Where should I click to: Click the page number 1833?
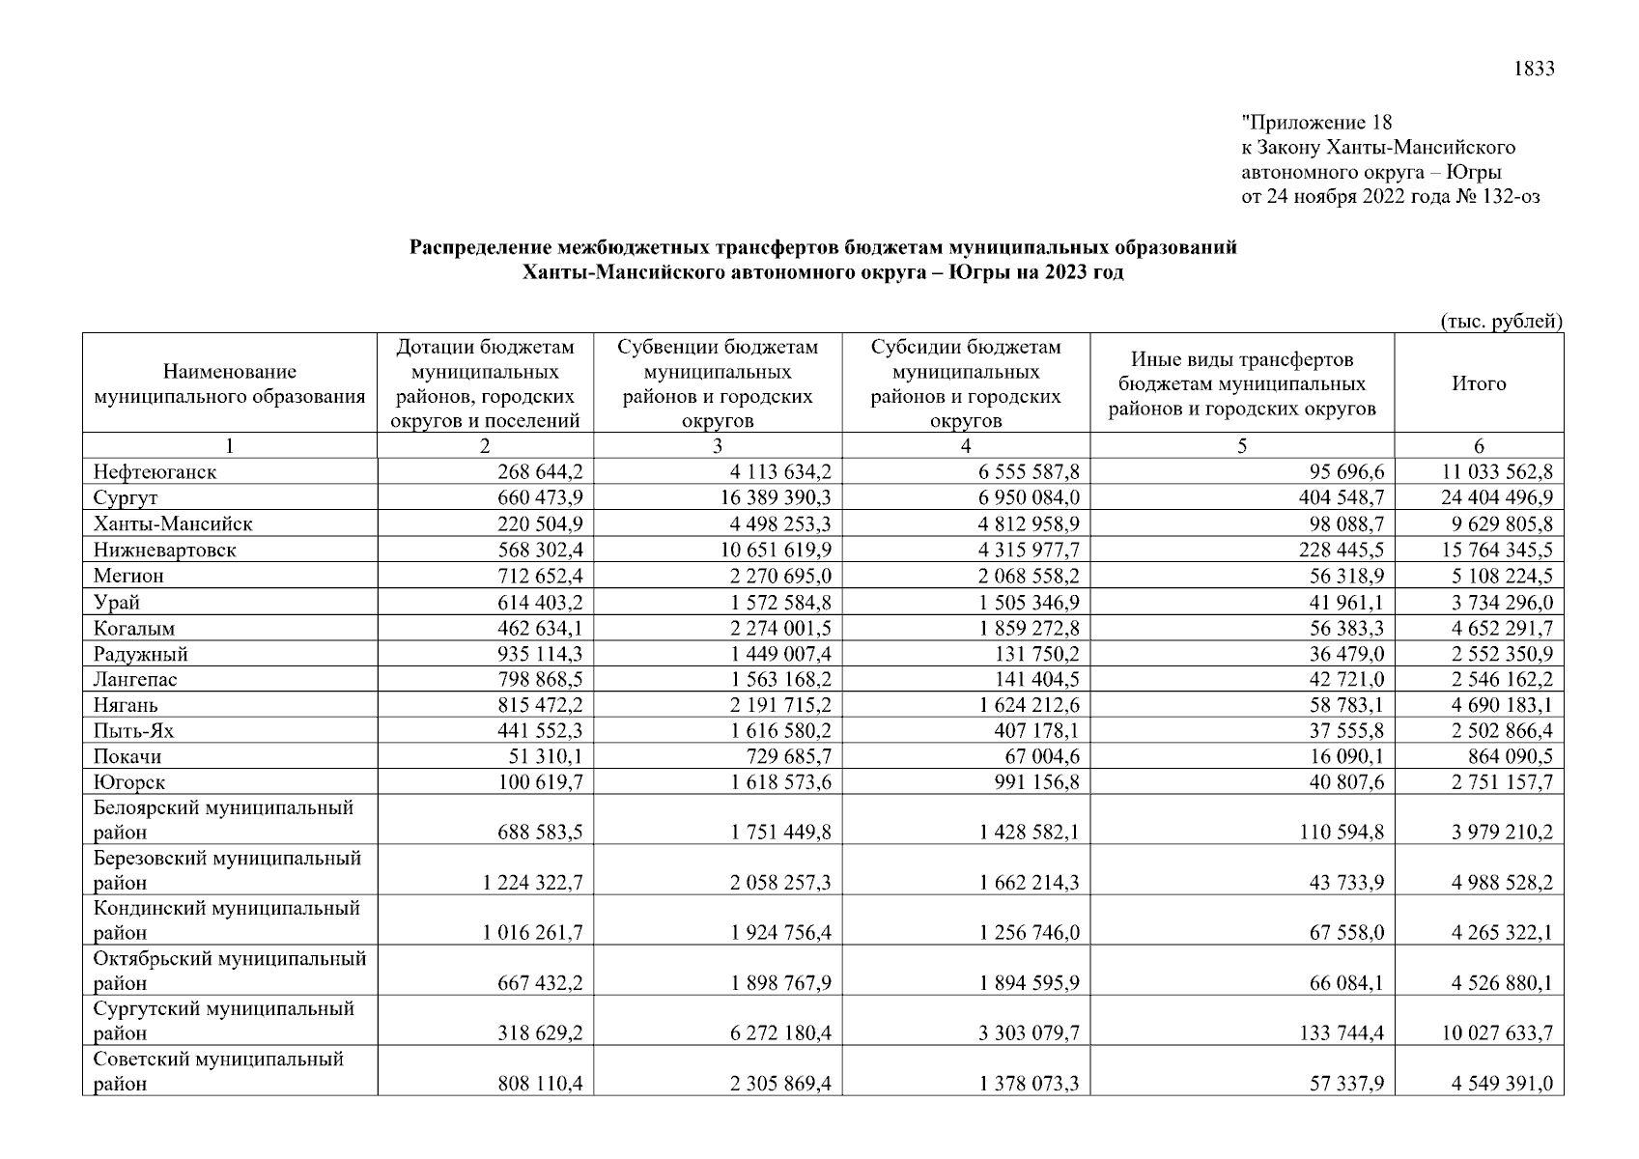[x=1534, y=69]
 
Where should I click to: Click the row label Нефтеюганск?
[x=155, y=472]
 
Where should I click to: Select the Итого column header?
[x=1479, y=383]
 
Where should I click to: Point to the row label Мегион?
[x=128, y=576]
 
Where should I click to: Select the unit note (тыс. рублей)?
[x=1501, y=322]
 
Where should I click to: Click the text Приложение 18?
[x=1316, y=123]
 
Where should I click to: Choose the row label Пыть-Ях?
[x=133, y=731]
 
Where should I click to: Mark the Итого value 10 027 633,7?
[x=1497, y=1033]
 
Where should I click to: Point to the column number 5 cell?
[x=1242, y=445]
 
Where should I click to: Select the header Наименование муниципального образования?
[x=230, y=383]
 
